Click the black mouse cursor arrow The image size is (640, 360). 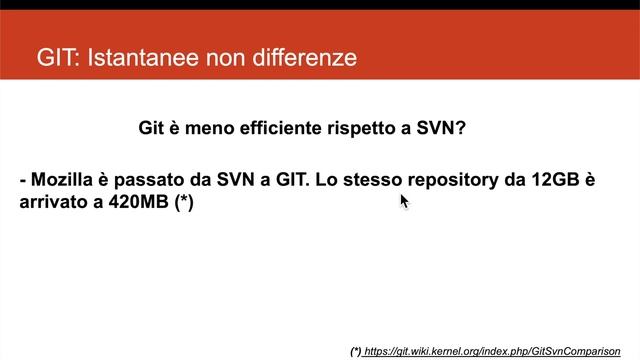[x=404, y=201]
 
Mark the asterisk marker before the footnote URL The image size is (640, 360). [x=356, y=351]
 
